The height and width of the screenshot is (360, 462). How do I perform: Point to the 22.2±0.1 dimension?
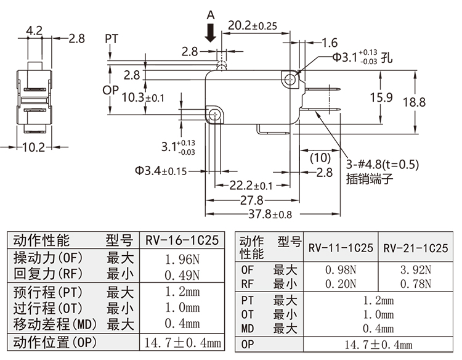click(x=251, y=186)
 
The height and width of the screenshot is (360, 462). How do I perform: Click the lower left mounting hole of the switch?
click(x=214, y=115)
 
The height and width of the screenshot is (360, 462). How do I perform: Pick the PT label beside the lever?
click(x=111, y=39)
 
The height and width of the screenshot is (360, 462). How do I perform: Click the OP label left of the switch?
click(x=110, y=90)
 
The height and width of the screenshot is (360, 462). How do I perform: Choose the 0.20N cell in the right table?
click(x=341, y=284)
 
